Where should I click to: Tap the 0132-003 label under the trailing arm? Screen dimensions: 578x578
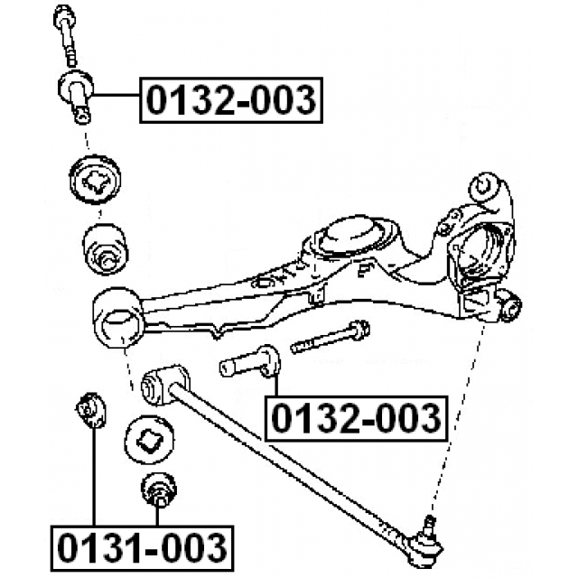355,418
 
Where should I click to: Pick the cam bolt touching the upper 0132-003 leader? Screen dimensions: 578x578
74,94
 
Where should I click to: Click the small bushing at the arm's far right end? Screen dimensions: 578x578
509,308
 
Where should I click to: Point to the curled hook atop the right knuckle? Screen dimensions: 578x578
488,187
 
